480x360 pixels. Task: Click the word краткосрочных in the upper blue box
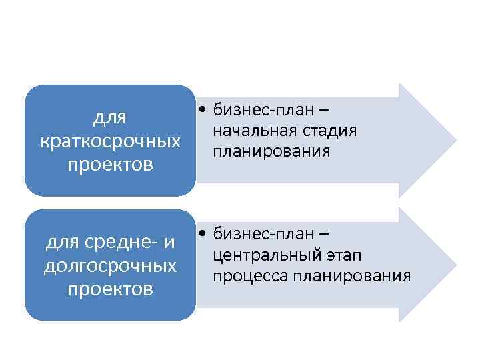[x=110, y=142]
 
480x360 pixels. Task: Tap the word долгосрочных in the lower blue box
[x=110, y=266]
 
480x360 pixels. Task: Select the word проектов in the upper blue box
[x=110, y=164]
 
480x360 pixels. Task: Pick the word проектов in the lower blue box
[x=110, y=289]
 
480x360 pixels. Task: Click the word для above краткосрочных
[x=110, y=119]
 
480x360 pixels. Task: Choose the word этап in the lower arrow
[x=343, y=255]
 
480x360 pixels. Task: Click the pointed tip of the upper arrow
[x=455, y=141]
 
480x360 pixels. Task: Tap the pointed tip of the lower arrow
[x=455, y=265]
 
